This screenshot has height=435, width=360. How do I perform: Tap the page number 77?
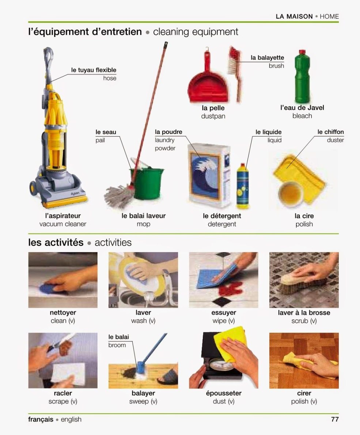(335, 419)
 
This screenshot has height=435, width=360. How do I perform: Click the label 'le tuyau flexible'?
(94, 70)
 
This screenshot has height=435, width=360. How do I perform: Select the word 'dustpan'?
(213, 116)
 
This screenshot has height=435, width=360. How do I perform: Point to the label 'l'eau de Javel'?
(302, 108)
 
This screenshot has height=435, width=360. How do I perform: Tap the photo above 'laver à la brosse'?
(304, 280)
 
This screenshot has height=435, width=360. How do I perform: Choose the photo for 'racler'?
(63, 360)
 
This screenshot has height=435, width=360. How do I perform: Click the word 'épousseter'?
(224, 393)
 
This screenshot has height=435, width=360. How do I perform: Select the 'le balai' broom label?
(119, 337)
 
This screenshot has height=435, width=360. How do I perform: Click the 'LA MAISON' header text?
(294, 16)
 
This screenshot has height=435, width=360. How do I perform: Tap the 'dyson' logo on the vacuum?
(75, 194)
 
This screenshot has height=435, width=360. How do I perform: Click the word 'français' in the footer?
(41, 419)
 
